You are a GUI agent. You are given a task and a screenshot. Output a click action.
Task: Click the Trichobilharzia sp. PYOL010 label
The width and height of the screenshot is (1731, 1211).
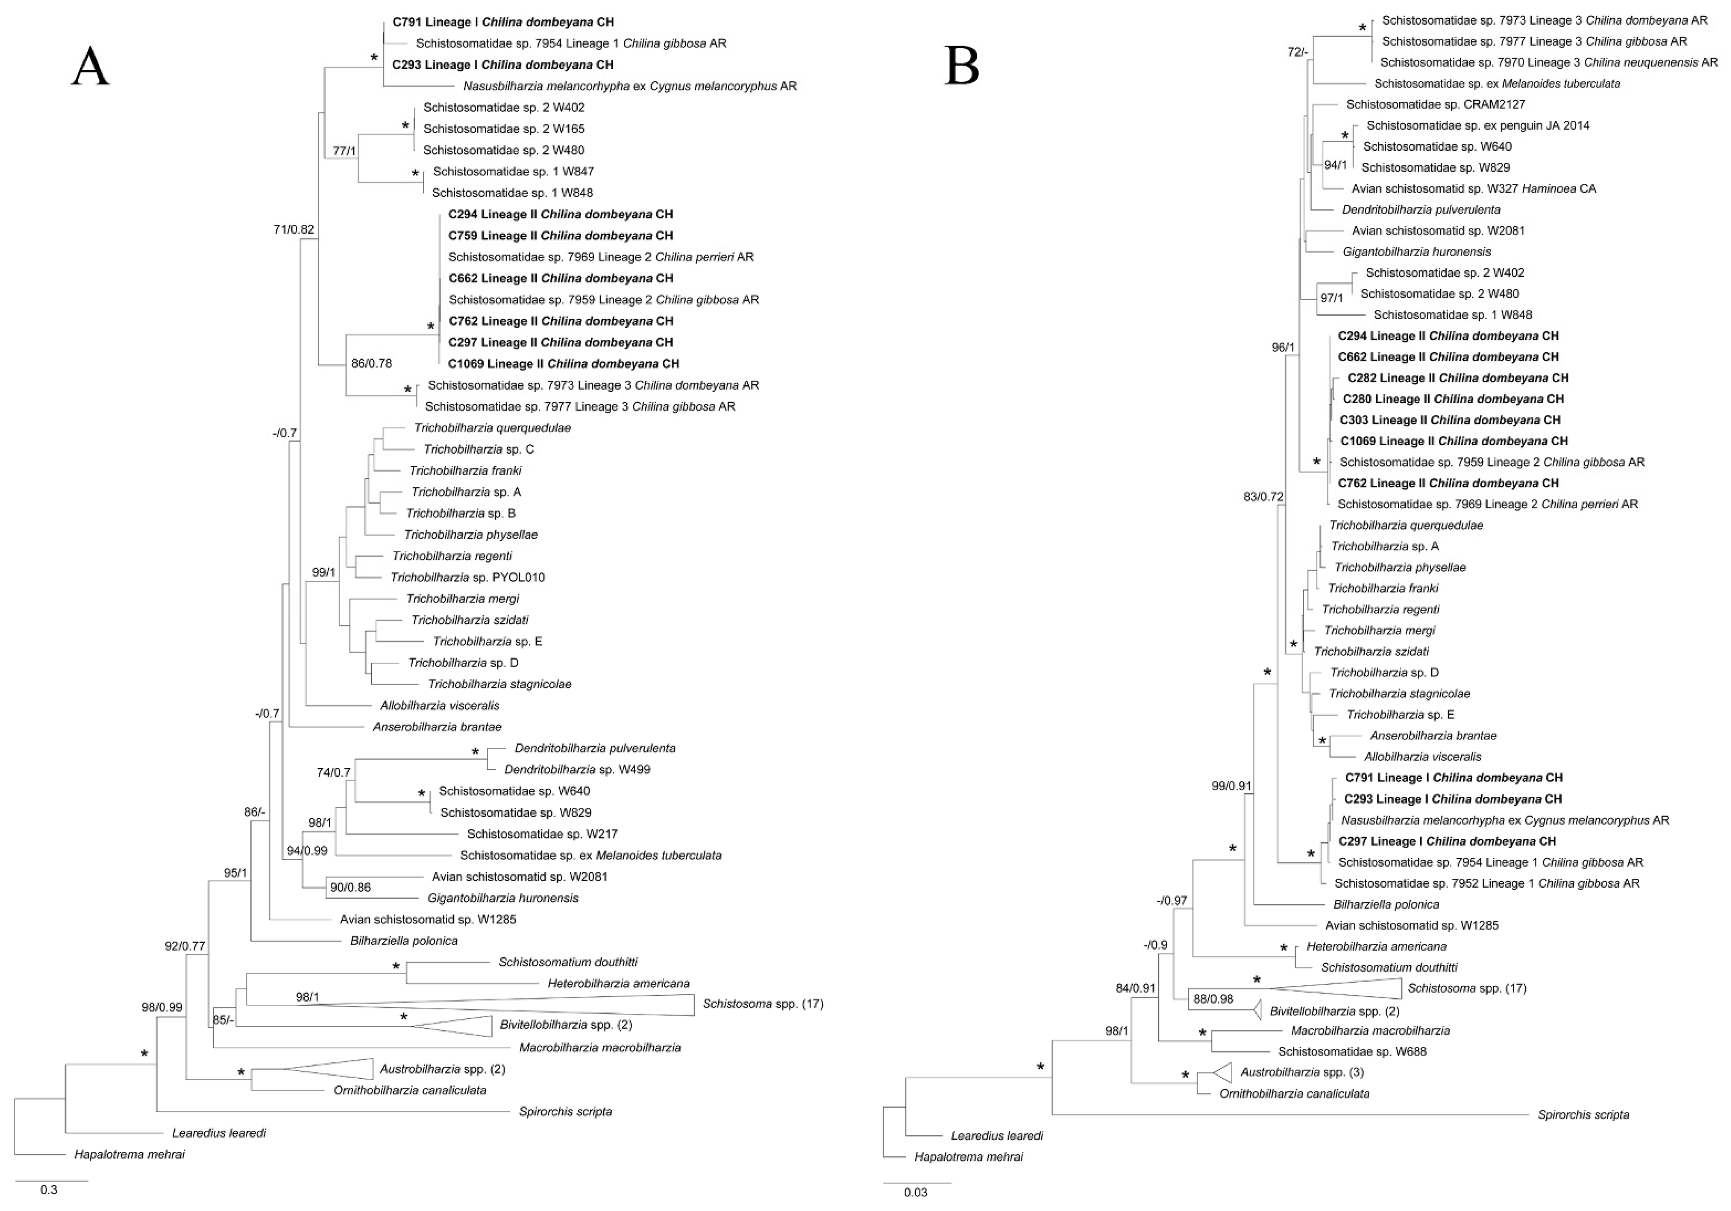[467, 578]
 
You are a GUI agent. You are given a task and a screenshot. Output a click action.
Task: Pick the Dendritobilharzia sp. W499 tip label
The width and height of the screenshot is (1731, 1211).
[577, 770]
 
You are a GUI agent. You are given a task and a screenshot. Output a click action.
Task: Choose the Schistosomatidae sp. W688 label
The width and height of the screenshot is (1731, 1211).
[1352, 1051]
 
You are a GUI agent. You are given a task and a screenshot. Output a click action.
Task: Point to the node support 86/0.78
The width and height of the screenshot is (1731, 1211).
[372, 363]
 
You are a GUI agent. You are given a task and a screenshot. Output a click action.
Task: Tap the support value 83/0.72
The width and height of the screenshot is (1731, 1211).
[1263, 497]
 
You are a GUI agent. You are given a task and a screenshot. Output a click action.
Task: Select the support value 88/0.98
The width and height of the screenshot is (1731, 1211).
[1213, 999]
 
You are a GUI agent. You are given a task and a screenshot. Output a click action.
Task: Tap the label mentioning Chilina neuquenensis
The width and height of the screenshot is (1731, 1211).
[1549, 62]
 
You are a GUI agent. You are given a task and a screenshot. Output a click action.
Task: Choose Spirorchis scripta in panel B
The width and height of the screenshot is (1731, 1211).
[1583, 1115]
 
